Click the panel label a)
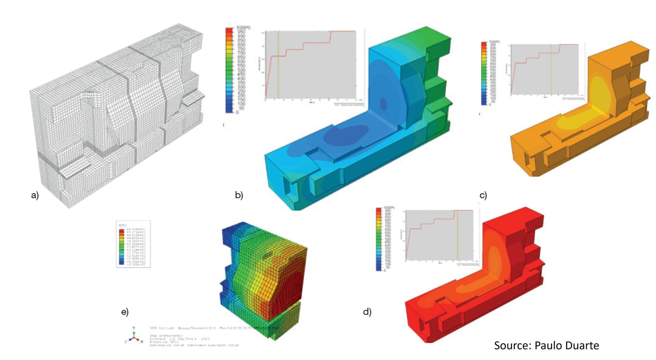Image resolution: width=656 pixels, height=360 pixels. (35, 195)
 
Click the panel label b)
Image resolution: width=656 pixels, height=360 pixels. (239, 195)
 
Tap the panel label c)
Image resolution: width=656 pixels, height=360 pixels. (483, 195)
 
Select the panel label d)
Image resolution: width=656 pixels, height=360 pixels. (367, 311)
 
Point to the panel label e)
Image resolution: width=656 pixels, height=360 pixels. (125, 312)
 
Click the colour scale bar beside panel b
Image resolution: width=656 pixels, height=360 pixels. (229, 70)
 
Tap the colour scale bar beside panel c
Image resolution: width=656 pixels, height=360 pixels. (484, 73)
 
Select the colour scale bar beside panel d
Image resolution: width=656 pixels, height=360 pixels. (379, 239)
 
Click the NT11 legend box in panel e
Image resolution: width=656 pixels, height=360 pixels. (133, 244)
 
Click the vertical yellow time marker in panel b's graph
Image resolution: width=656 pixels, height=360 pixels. (278, 65)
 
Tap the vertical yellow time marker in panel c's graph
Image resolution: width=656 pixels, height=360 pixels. (551, 70)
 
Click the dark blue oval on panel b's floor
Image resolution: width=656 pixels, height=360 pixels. (345, 135)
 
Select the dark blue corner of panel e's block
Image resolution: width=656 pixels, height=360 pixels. (232, 232)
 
